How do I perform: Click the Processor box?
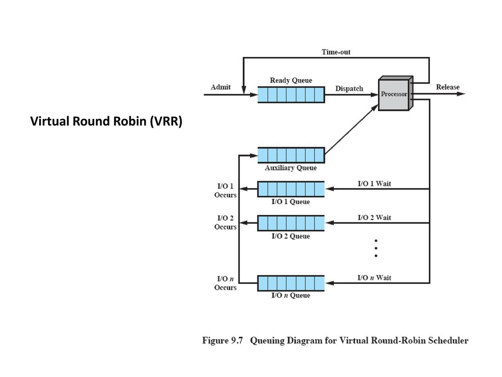[x=394, y=94]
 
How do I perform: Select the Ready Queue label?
[x=291, y=80]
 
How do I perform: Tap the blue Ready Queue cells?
[x=291, y=94]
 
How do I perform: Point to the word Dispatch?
[x=349, y=89]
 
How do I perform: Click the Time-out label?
[x=336, y=52]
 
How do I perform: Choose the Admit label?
[x=221, y=87]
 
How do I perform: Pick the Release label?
[x=448, y=87]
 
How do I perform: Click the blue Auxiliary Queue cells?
[x=291, y=155]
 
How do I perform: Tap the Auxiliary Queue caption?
[x=291, y=168]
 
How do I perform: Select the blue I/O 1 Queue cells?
[x=291, y=189]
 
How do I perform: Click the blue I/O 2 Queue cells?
[x=291, y=223]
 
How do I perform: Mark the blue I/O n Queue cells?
[x=291, y=283]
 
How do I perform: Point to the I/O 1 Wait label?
[x=375, y=184]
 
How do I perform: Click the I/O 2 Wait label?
[x=375, y=217]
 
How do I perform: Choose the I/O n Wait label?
[x=375, y=278]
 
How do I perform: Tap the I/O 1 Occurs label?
[x=225, y=190]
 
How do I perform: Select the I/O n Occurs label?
[x=225, y=283]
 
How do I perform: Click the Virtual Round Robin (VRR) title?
[x=106, y=122]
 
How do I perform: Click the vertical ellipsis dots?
[x=376, y=248]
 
